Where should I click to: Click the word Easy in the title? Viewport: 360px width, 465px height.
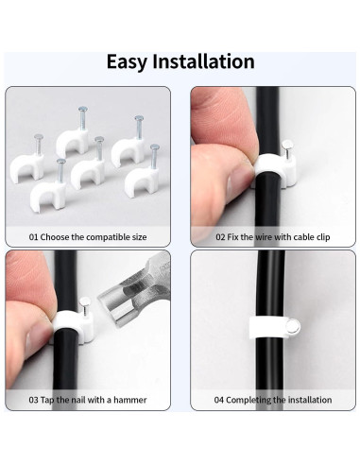point(128,61)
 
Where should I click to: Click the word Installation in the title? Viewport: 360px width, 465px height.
point(203,61)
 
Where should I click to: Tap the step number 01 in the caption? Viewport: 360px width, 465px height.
point(34,237)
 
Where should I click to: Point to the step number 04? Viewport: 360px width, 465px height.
point(219,400)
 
